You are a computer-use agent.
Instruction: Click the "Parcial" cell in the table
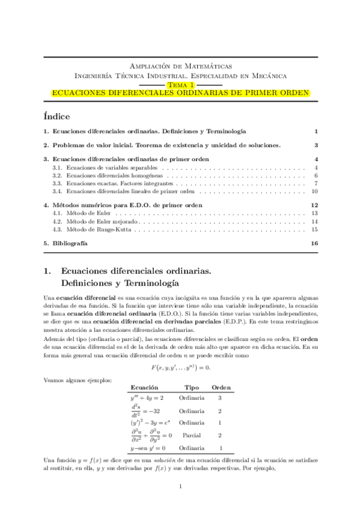tap(191, 435)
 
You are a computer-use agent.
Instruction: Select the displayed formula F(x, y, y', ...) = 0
tap(180, 349)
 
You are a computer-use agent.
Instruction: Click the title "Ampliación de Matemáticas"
tap(180, 66)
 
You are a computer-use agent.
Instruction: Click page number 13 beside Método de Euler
tap(314, 213)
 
